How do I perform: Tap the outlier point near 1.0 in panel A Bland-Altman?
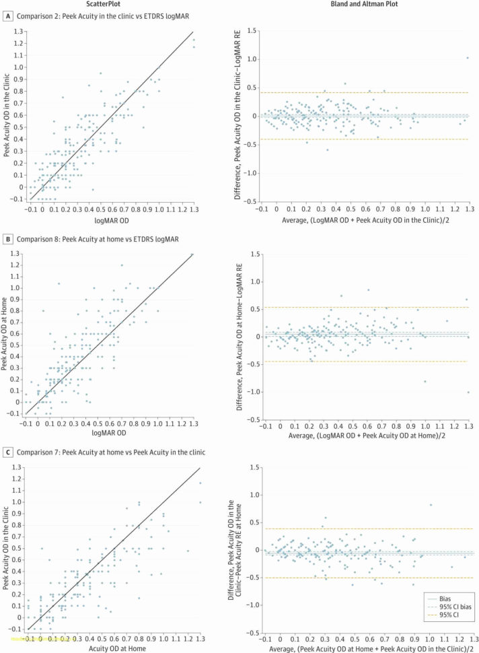[468, 58]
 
